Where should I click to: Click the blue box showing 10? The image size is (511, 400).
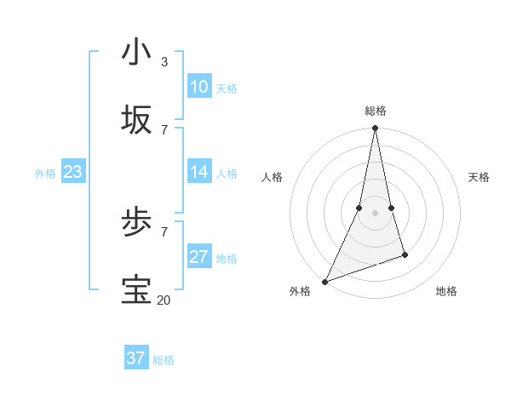(199, 87)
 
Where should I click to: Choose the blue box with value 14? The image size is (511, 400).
(199, 172)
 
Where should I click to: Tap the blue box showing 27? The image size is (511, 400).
(199, 257)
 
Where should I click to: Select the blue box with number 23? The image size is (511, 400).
(73, 172)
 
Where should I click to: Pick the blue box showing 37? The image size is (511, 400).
(136, 358)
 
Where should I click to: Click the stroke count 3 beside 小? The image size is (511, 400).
(164, 61)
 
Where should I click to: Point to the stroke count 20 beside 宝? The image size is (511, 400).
(164, 300)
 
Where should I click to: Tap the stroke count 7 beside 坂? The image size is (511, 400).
(164, 129)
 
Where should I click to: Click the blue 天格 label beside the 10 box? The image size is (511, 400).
(227, 88)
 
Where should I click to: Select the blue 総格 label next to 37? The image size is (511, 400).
(164, 360)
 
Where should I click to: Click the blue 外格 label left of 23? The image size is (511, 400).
(45, 173)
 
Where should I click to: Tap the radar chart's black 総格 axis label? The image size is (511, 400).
(376, 111)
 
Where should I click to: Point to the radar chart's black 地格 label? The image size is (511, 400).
(446, 291)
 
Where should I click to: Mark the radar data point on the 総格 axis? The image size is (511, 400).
(375, 129)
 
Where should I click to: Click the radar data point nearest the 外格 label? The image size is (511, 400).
(324, 282)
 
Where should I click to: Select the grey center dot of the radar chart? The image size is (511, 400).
(375, 213)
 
